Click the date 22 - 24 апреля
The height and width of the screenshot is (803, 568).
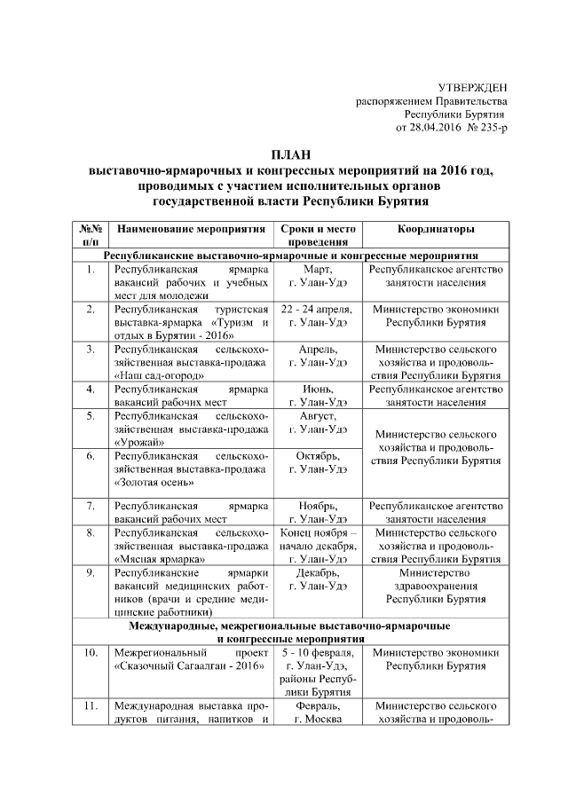[x=317, y=309]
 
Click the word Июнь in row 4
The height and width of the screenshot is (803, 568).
[x=317, y=389]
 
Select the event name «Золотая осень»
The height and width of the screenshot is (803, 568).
[x=157, y=482]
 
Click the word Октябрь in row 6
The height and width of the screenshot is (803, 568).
[x=317, y=455]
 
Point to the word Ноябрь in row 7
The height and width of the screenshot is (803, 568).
[x=317, y=506]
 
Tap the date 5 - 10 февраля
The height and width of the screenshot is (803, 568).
[x=317, y=653]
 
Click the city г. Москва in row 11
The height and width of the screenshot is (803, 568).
[x=317, y=720]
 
